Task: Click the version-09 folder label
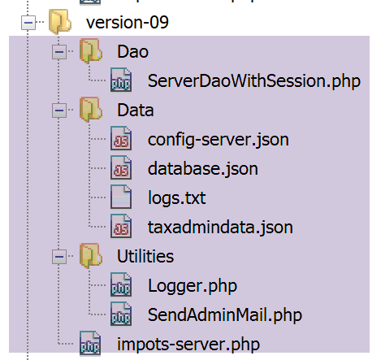[128, 22]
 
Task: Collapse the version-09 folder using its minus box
[28, 22]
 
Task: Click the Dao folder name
[132, 51]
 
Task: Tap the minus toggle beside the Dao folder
[59, 52]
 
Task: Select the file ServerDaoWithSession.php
[254, 81]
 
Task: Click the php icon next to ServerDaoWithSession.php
[121, 80]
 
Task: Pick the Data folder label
[136, 111]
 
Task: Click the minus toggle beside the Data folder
[59, 111]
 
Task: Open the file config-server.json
[219, 140]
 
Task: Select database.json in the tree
[203, 169]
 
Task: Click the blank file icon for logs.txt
[121, 197]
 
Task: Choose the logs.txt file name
[177, 198]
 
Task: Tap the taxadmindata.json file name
[220, 228]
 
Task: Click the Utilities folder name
[145, 256]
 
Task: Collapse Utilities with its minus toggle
[59, 257]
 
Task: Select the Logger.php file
[193, 286]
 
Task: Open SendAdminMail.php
[225, 315]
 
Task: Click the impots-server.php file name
[188, 345]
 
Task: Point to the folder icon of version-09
[60, 22]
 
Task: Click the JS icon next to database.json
[121, 167]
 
